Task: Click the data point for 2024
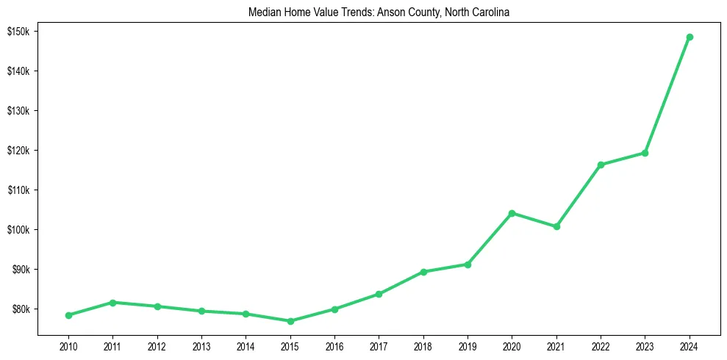pyautogui.click(x=690, y=37)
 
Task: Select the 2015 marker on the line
pyautogui.click(x=290, y=321)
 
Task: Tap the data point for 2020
pyautogui.click(x=512, y=213)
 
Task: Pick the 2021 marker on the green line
pyautogui.click(x=556, y=226)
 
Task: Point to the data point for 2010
pyautogui.click(x=68, y=315)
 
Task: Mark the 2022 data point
pyautogui.click(x=601, y=165)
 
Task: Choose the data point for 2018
pyautogui.click(x=423, y=272)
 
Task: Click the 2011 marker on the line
pyautogui.click(x=112, y=302)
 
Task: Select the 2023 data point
pyautogui.click(x=645, y=153)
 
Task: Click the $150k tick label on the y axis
pyautogui.click(x=18, y=32)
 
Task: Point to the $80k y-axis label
pyautogui.click(x=20, y=309)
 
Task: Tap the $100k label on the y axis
pyautogui.click(x=18, y=230)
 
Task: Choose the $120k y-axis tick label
pyautogui.click(x=18, y=151)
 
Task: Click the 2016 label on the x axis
pyautogui.click(x=334, y=346)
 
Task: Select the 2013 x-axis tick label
pyautogui.click(x=201, y=346)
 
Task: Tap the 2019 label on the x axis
pyautogui.click(x=468, y=346)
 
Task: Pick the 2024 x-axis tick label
pyautogui.click(x=690, y=346)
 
